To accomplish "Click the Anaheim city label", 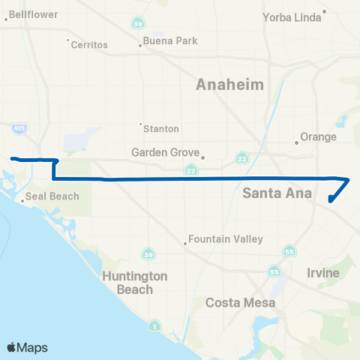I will tap(229, 85).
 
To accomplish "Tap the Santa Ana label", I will tap(271, 193).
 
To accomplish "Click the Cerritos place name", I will tap(89, 45).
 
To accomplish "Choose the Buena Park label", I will tap(170, 40).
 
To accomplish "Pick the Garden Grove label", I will tap(165, 152).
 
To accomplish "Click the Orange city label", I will tap(318, 137).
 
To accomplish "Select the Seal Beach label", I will tap(52, 197).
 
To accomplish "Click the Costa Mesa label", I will tap(241, 303).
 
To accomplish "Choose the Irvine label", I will tap(322, 271).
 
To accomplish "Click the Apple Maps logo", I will tap(28, 347).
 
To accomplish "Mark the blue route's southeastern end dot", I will tap(331, 199).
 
